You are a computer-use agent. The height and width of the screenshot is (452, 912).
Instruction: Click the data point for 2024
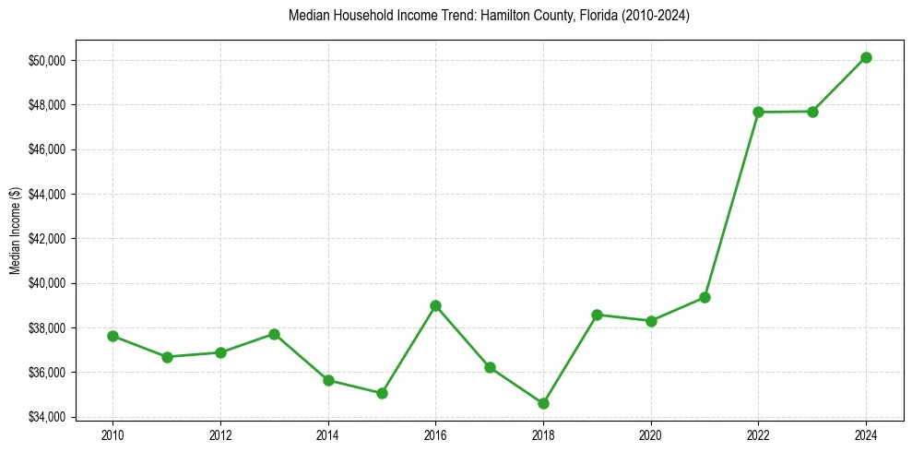coord(866,57)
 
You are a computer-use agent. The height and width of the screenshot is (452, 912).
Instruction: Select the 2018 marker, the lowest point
coord(543,403)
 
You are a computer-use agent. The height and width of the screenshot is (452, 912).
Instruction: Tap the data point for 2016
coord(435,305)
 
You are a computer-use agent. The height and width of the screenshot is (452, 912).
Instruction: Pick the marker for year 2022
coord(758,112)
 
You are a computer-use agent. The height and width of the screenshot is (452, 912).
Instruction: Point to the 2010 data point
coord(113,336)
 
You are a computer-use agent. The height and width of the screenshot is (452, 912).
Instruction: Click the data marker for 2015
coord(382,393)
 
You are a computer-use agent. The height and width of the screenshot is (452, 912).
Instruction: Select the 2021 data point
coord(705,297)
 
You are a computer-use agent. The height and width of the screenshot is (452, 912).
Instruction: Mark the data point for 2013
coord(274,334)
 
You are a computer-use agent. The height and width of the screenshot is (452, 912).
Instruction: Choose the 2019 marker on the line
coord(597,315)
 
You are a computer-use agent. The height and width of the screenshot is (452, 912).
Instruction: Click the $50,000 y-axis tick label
coord(47,60)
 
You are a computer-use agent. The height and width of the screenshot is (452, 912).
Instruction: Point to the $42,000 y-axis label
coord(47,238)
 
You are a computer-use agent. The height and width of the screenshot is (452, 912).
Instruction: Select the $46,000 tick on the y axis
coord(47,149)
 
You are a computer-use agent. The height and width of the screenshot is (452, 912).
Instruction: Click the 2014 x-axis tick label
coord(327,433)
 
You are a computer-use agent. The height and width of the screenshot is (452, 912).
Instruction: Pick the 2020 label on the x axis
coord(650,433)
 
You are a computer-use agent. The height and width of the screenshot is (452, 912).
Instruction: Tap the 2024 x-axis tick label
coord(866,433)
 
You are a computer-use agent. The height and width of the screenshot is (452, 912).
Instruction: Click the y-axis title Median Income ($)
coord(15,232)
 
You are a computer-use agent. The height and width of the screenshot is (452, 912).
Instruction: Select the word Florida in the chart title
coord(598,16)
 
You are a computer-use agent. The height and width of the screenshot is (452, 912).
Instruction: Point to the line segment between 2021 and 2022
coord(731,205)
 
